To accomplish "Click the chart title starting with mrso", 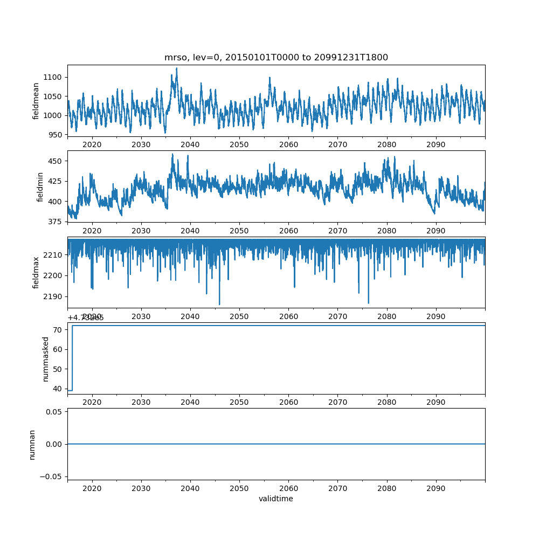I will coord(276,58).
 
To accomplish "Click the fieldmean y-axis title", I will coord(36,101).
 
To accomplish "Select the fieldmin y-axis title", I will coord(40,186).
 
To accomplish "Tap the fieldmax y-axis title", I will coord(36,272).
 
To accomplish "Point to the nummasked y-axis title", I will coord(46,359).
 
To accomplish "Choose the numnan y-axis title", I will coord(32,444).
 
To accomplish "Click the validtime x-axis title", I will coord(276,499).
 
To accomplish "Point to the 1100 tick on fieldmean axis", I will coord(54,77).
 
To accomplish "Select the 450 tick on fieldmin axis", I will coord(56,161).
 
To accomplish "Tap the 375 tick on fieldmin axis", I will coord(56,222).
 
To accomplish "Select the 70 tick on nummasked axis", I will coord(59,329).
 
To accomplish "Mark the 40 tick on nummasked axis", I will coord(59,389).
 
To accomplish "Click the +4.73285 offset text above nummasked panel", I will coord(86,317).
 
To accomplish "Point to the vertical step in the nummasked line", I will coord(72,358).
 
